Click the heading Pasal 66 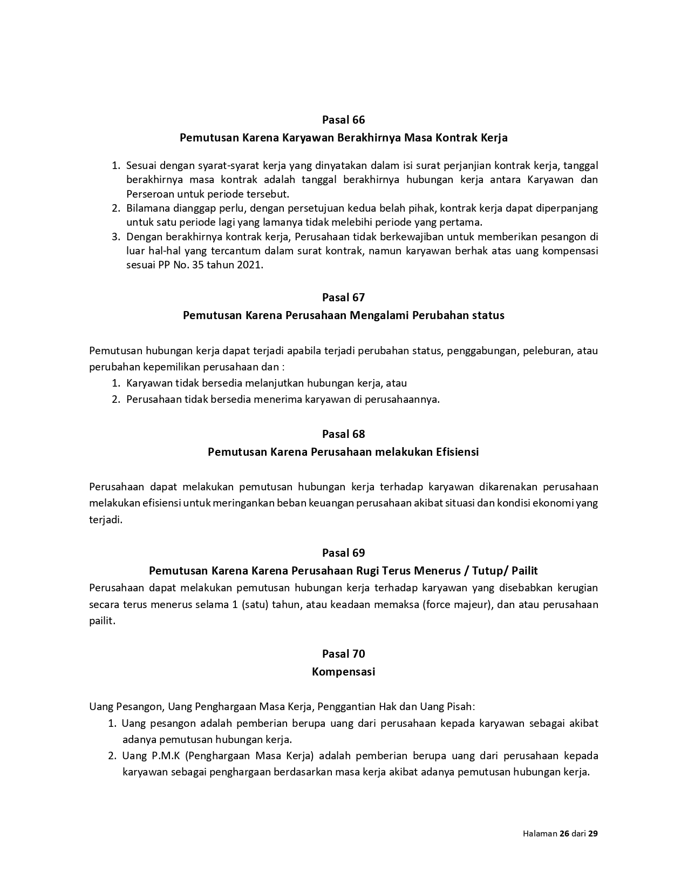pyautogui.click(x=343, y=119)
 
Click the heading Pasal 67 pyautogui.click(x=343, y=297)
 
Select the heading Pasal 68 pyautogui.click(x=343, y=434)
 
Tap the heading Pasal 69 pyautogui.click(x=343, y=552)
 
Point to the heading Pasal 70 pyautogui.click(x=343, y=653)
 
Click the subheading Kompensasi pyautogui.click(x=343, y=672)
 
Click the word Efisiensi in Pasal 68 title pyautogui.click(x=457, y=451)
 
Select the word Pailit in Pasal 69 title pyautogui.click(x=524, y=570)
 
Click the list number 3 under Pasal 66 pyautogui.click(x=115, y=237)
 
